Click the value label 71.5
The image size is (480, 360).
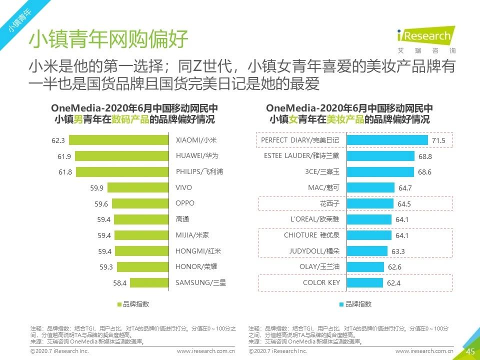(x=438, y=141)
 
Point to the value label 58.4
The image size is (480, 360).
(x=119, y=283)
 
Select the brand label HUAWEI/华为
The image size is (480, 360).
(x=197, y=156)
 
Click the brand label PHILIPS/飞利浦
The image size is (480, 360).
(x=199, y=172)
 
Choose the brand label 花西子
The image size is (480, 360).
(x=329, y=203)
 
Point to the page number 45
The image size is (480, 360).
(x=470, y=351)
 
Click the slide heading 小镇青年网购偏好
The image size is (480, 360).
(x=108, y=39)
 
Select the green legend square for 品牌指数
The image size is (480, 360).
(x=119, y=304)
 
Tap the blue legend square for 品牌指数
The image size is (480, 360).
(x=341, y=304)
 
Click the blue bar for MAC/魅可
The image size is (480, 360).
(x=370, y=188)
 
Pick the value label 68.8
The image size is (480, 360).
(x=425, y=156)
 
